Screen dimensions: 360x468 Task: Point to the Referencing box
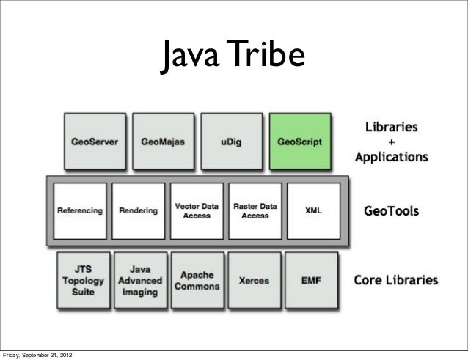80,210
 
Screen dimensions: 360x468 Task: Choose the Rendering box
139,210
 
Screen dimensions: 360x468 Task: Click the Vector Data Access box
197,210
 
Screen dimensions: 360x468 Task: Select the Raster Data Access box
255,210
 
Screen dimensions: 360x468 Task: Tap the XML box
313,210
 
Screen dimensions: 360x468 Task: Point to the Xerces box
255,280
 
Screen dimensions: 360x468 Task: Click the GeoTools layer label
392,211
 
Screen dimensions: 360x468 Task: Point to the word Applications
391,156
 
